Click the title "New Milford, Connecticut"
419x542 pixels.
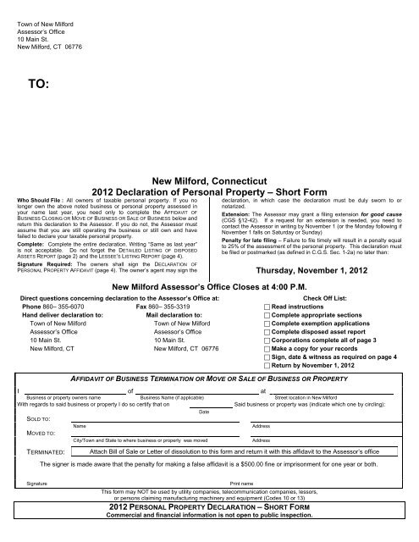(x=208, y=180)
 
